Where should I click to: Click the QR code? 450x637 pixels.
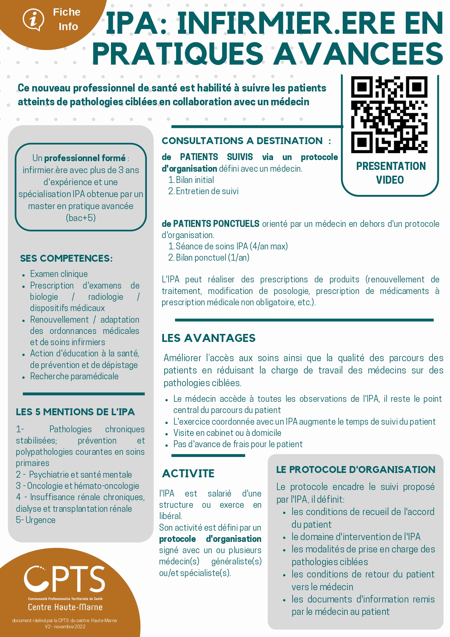(389, 114)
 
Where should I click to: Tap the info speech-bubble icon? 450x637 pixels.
(33, 19)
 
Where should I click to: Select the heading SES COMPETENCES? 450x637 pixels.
(66, 258)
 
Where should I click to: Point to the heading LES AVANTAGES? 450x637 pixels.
(209, 338)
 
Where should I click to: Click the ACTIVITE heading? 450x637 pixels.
(188, 473)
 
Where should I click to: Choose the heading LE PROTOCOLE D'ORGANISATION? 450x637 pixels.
(355, 469)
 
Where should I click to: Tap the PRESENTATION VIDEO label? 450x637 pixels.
(391, 173)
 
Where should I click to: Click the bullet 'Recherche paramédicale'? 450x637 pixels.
(74, 376)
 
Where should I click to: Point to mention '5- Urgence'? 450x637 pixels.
(36, 520)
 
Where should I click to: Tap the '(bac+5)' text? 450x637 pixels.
(80, 218)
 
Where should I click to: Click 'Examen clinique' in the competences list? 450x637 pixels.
(59, 274)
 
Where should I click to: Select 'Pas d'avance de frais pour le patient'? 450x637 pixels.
(238, 444)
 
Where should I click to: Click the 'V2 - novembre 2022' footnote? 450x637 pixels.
(65, 626)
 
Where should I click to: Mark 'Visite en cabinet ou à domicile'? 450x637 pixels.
(227, 433)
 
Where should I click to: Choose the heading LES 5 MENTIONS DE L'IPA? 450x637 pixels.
(75, 412)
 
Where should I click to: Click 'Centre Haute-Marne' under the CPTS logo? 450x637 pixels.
(65, 607)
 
